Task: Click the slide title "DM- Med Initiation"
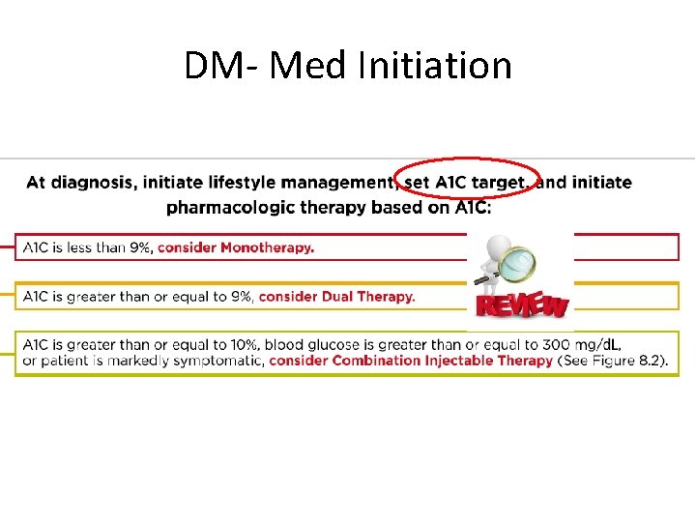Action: [x=348, y=66]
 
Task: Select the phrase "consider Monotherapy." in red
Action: [x=236, y=247]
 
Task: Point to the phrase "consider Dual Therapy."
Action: [x=337, y=296]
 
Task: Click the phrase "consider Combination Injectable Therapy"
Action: [x=411, y=361]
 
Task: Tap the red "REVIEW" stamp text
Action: [x=521, y=305]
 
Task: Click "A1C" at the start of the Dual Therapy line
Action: [x=36, y=296]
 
